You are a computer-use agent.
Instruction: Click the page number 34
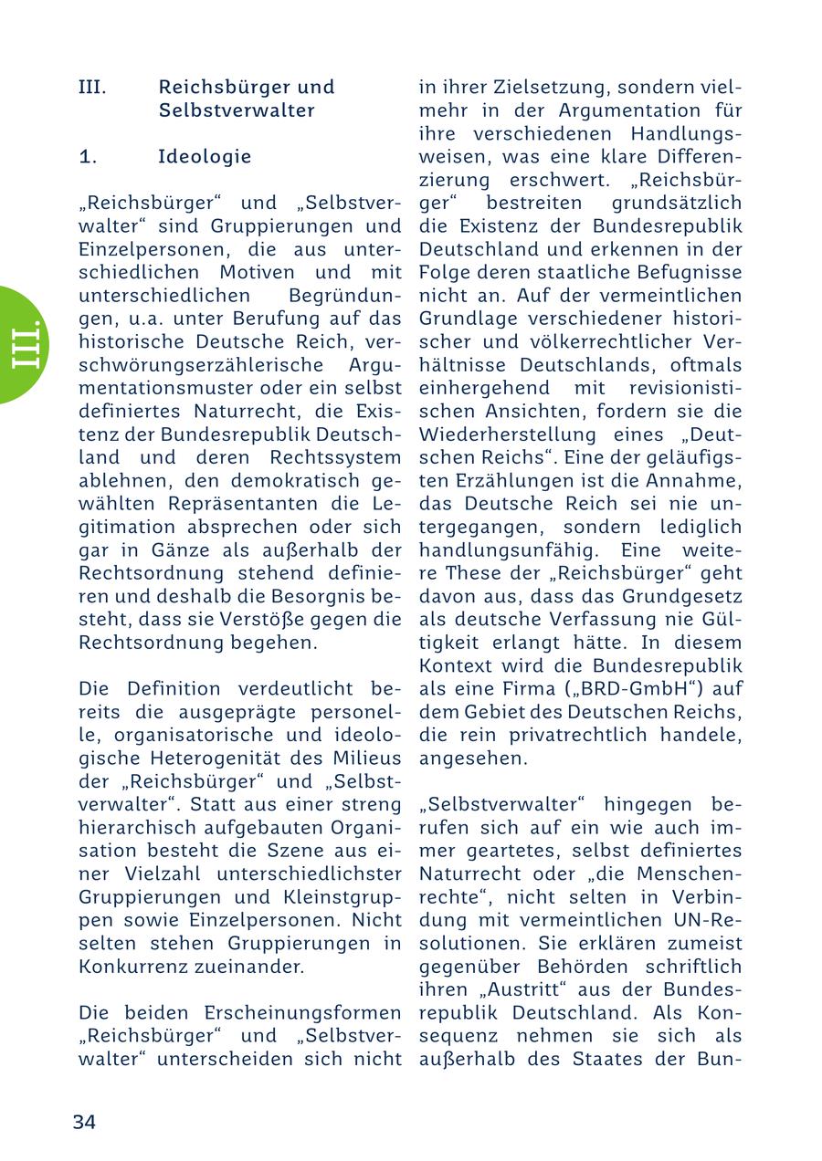pyautogui.click(x=84, y=1122)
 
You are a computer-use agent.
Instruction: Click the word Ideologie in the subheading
pyautogui.click(x=205, y=156)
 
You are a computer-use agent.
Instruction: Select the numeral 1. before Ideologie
pyautogui.click(x=89, y=156)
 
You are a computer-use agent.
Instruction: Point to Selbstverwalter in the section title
pyautogui.click(x=237, y=110)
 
